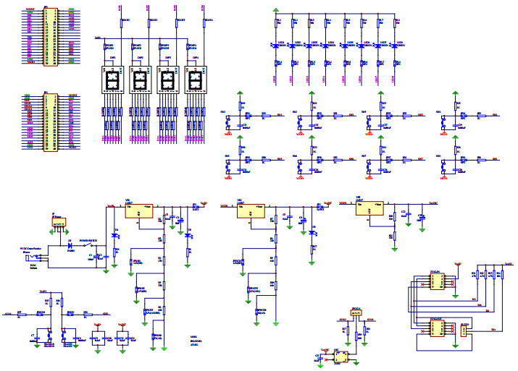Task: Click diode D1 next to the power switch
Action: tap(70, 244)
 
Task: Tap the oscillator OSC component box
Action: tap(345, 357)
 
